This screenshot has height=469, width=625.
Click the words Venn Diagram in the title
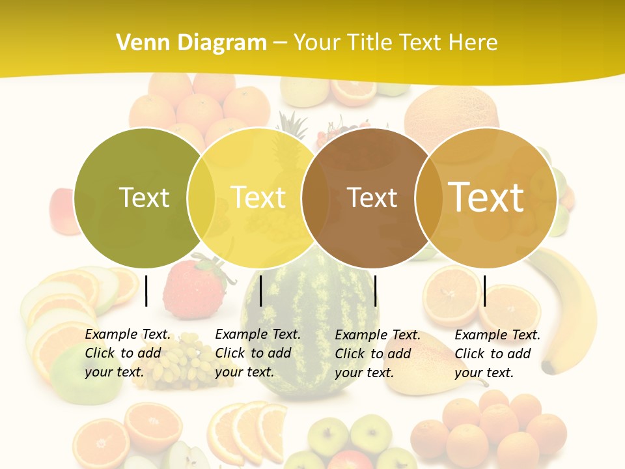191,43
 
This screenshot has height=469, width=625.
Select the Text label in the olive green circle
145,197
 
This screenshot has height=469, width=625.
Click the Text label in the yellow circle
258,197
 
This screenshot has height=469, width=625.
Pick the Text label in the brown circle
372,198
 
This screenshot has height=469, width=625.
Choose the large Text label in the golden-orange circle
486,197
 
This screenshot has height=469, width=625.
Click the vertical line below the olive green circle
146,291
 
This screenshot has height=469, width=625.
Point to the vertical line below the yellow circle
260,291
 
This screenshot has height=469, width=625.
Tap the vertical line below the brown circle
375,291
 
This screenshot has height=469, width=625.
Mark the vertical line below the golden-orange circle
484,291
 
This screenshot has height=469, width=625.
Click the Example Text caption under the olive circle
128,353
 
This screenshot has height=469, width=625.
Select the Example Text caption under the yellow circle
258,353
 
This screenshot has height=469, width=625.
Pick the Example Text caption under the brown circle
378,354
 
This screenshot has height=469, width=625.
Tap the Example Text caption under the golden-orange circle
497,354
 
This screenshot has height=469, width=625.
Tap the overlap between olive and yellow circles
201,198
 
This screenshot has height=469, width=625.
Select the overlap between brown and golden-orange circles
428,198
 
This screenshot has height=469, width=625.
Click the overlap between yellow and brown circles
315,198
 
